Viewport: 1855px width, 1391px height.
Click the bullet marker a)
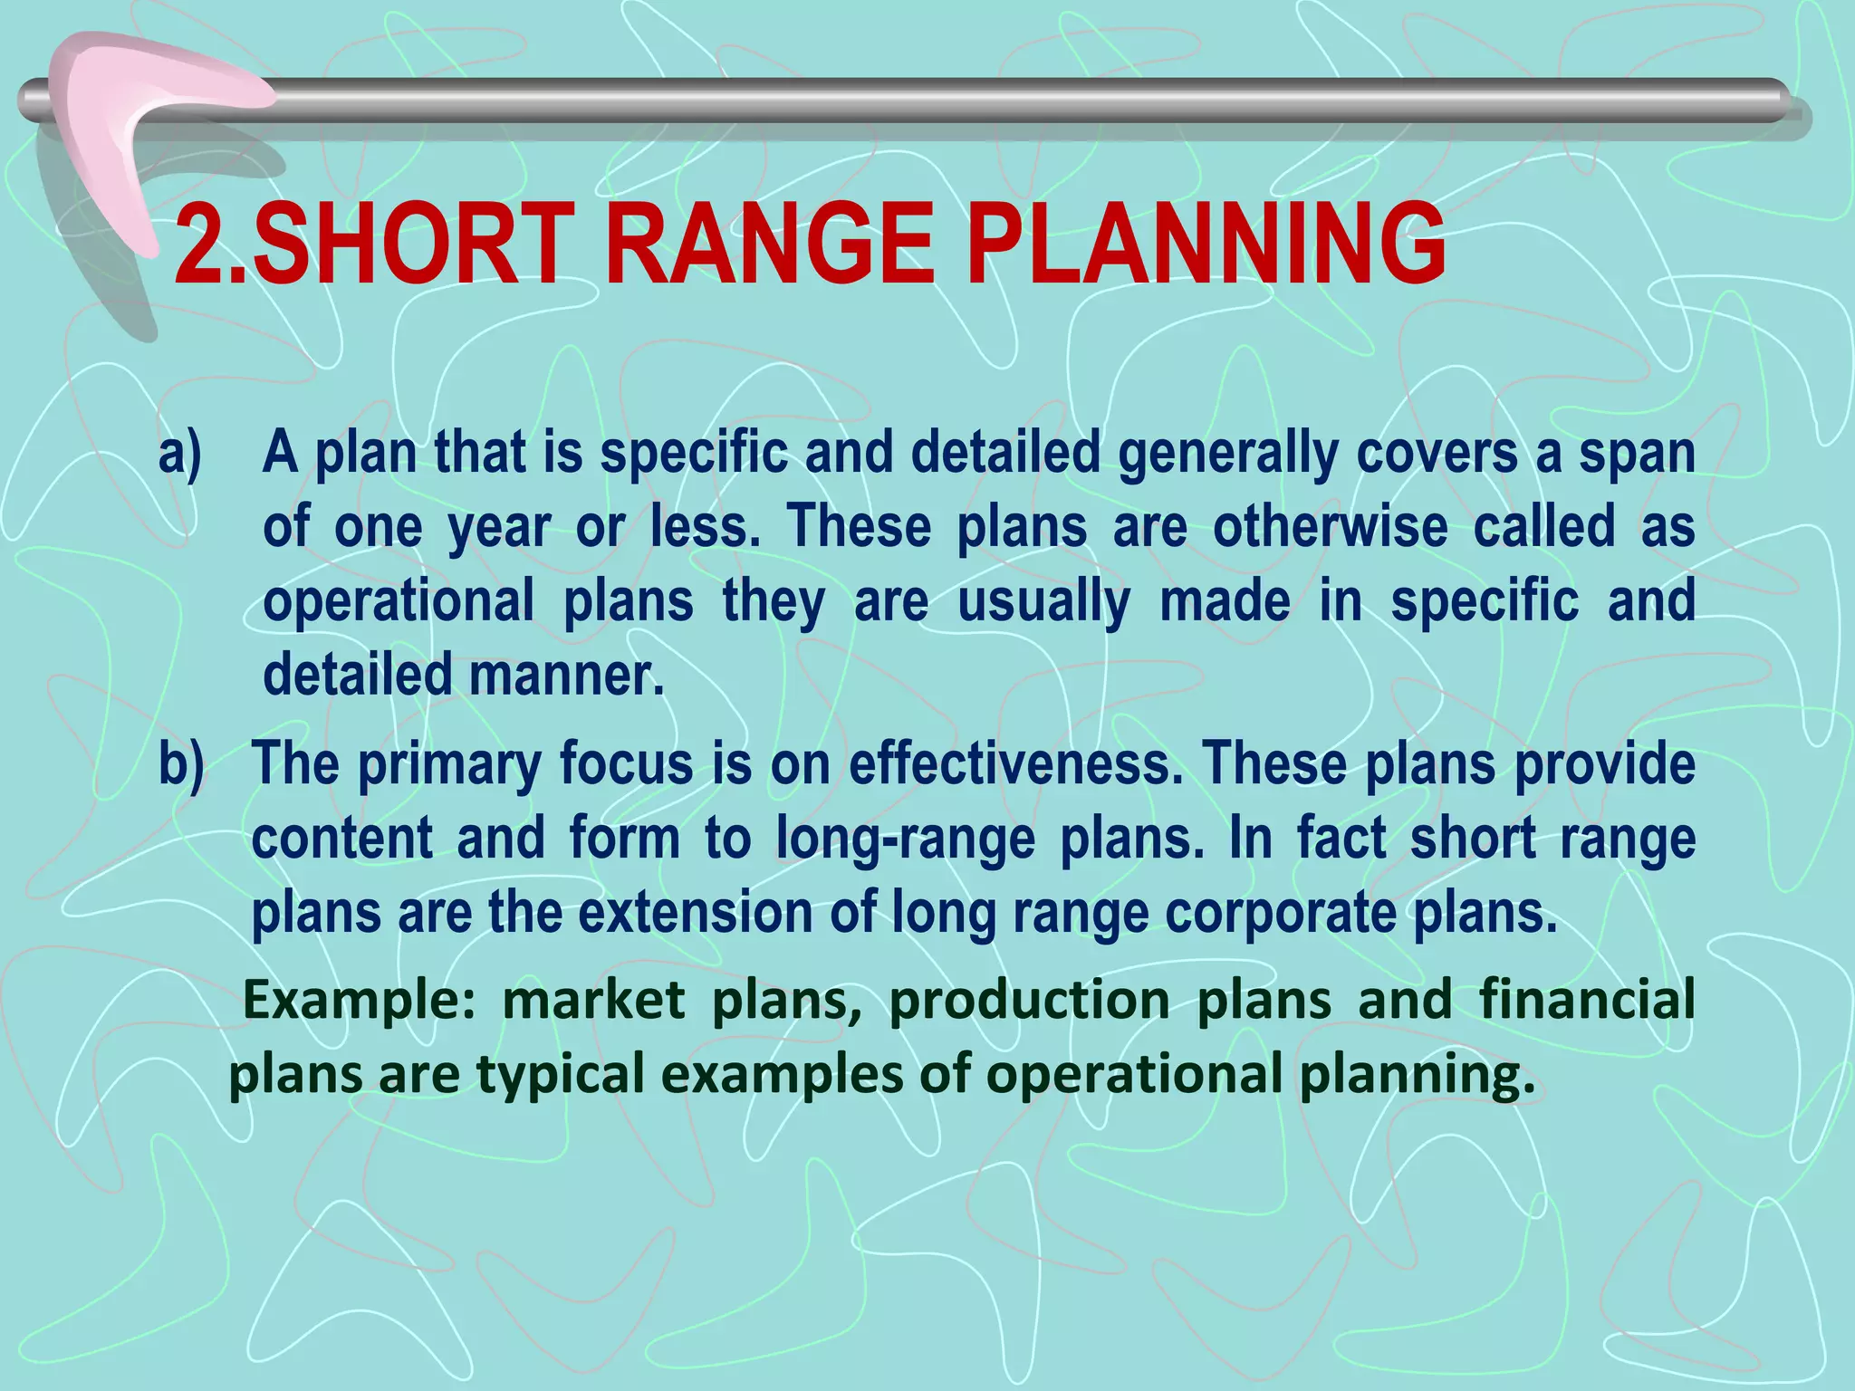180,452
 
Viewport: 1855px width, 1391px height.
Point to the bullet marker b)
181,763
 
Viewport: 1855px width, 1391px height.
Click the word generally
1227,453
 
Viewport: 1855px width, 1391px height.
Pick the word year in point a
499,527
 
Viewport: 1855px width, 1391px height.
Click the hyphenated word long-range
905,839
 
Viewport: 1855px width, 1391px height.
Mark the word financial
1587,1000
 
